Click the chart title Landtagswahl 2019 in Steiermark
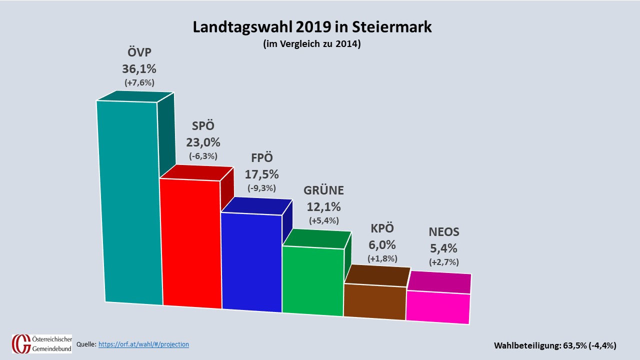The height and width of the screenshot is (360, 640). coord(312,27)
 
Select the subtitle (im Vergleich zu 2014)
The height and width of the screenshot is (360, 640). coord(312,44)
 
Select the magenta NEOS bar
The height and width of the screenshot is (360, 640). coord(438,307)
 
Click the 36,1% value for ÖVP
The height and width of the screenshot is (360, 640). coord(139,69)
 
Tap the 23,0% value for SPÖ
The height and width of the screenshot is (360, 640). coord(203,142)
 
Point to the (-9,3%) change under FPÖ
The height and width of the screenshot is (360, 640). coord(261,188)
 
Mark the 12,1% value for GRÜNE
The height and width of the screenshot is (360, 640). coord(324,206)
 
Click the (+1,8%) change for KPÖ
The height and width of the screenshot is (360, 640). coord(382,258)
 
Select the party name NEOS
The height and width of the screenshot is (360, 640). coord(444,232)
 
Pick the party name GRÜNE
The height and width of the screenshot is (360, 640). coord(324,190)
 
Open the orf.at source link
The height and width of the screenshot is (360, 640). coord(143,344)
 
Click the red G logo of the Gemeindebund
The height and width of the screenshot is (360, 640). coord(20,344)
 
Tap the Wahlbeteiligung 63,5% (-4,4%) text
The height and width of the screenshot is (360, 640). coord(555,345)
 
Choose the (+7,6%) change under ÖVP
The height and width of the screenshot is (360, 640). coord(139,82)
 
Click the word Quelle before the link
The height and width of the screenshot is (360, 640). coord(86,344)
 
